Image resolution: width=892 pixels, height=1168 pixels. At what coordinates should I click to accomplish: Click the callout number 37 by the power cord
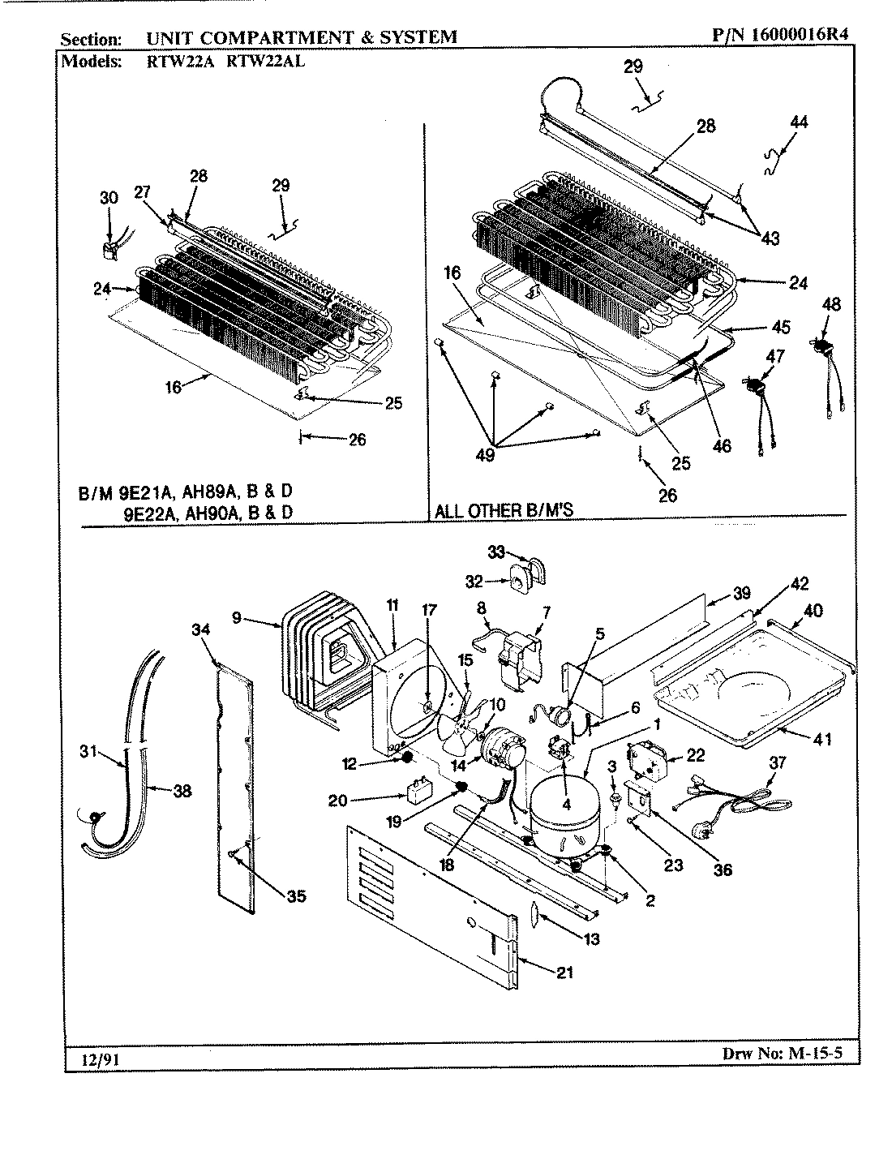(x=778, y=763)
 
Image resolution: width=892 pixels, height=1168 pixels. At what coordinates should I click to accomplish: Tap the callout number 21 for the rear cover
(x=565, y=973)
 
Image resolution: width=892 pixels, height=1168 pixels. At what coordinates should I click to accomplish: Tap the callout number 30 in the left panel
(x=109, y=197)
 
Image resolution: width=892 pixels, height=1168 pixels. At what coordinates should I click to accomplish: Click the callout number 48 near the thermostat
(x=830, y=305)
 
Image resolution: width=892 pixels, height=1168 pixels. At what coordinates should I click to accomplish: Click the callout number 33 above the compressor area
(x=496, y=552)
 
